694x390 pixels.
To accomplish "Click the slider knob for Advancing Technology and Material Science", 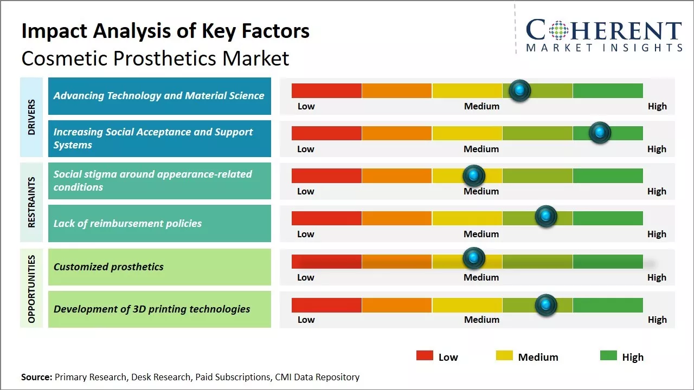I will pos(520,90).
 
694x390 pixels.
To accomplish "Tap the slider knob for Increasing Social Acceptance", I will pos(600,133).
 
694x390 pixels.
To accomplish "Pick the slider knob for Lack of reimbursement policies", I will pos(546,216).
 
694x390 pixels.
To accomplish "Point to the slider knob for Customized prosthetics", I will pos(474,258).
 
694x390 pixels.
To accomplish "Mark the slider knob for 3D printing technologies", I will pos(546,304).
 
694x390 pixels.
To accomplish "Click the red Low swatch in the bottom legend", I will pos(425,355).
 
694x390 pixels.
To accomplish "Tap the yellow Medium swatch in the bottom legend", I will pos(504,355).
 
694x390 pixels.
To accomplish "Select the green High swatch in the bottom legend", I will pos(608,355).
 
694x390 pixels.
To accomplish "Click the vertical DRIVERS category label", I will pos(31,117).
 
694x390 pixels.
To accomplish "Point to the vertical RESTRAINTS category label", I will pos(31,202).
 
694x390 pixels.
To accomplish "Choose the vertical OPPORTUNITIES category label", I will pos(31,289).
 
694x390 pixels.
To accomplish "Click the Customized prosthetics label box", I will pos(159,266).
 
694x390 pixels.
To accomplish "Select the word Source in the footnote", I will pos(36,377).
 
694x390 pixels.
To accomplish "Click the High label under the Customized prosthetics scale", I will pos(657,277).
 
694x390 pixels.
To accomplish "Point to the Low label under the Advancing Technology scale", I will pos(306,106).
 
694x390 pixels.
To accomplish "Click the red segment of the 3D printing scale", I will pos(326,305).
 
